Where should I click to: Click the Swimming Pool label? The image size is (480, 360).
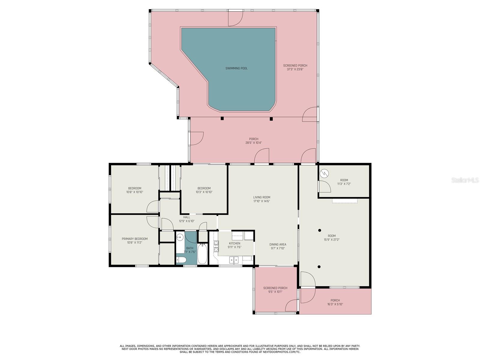[x=236, y=68]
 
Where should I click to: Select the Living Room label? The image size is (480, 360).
[x=262, y=197]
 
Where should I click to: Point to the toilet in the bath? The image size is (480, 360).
[x=181, y=260]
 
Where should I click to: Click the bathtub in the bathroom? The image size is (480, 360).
[x=202, y=254]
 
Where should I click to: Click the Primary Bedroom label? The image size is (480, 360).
[x=135, y=239]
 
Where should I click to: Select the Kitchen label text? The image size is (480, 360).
[x=234, y=244]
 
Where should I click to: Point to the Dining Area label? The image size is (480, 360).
[x=278, y=244]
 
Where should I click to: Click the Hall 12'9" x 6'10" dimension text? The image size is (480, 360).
[x=187, y=221]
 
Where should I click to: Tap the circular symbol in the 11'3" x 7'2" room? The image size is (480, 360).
[x=324, y=174]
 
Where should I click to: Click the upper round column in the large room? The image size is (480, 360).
[x=319, y=230]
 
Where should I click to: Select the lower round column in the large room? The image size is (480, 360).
[x=319, y=267]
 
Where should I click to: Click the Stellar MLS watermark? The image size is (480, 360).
[x=465, y=180]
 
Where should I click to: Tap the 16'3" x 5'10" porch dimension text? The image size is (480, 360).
[x=335, y=304]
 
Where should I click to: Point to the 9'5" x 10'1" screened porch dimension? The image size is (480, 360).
[x=275, y=292]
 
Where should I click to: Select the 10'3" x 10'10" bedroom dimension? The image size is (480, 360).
[x=204, y=192]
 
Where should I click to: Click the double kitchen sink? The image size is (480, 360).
[x=234, y=260]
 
